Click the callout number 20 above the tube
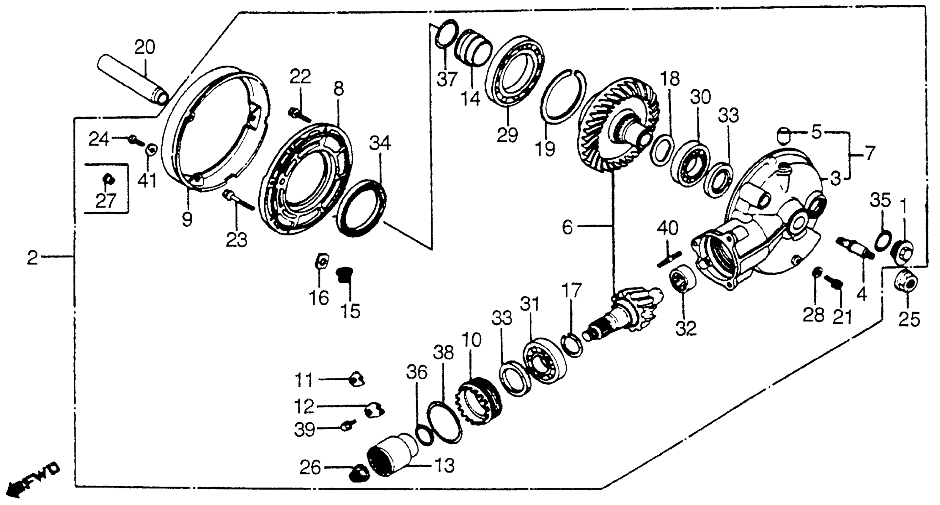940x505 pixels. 145,48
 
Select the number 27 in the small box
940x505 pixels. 106,201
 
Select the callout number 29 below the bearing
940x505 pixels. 507,135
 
